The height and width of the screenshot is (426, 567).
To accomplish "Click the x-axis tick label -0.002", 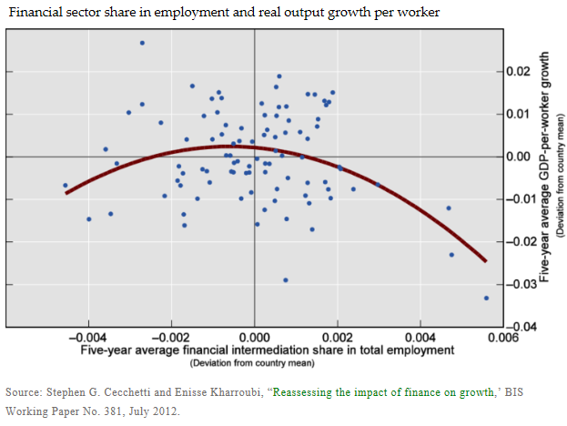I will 170,336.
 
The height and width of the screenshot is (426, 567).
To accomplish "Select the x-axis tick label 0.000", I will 254,336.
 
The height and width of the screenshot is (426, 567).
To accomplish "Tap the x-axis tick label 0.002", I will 338,336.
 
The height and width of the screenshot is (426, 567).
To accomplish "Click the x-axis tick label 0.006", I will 502,336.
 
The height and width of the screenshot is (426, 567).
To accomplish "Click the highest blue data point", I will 142,43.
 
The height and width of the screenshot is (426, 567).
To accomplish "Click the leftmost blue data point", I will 65,186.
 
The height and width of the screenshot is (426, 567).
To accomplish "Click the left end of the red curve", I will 66,192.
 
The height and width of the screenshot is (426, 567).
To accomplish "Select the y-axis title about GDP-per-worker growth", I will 545,164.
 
